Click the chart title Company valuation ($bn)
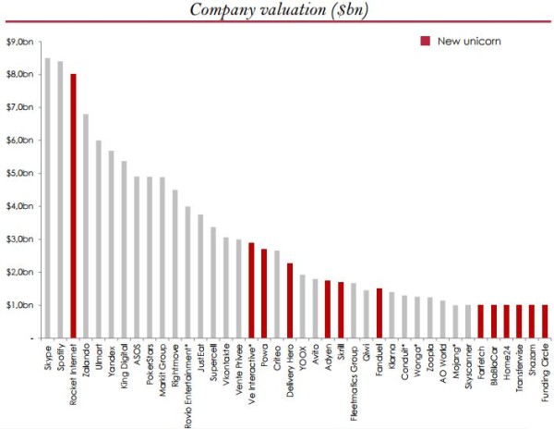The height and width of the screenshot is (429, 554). point(276,10)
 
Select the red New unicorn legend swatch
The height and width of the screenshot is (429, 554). point(425,42)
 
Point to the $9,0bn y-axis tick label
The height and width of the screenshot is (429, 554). point(19,42)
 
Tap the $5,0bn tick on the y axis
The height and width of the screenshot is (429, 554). point(19,173)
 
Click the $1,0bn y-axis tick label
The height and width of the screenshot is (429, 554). point(19,305)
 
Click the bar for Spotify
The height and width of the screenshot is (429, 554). point(60,199)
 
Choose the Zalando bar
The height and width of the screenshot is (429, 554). point(86,226)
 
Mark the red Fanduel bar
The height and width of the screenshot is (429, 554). point(379,313)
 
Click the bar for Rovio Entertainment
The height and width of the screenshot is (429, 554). point(187,272)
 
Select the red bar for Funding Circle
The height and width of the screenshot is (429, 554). point(544,321)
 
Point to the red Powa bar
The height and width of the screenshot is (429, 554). point(264,293)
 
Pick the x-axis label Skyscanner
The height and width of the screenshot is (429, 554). point(468,365)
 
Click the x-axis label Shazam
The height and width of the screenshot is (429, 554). point(532,360)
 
